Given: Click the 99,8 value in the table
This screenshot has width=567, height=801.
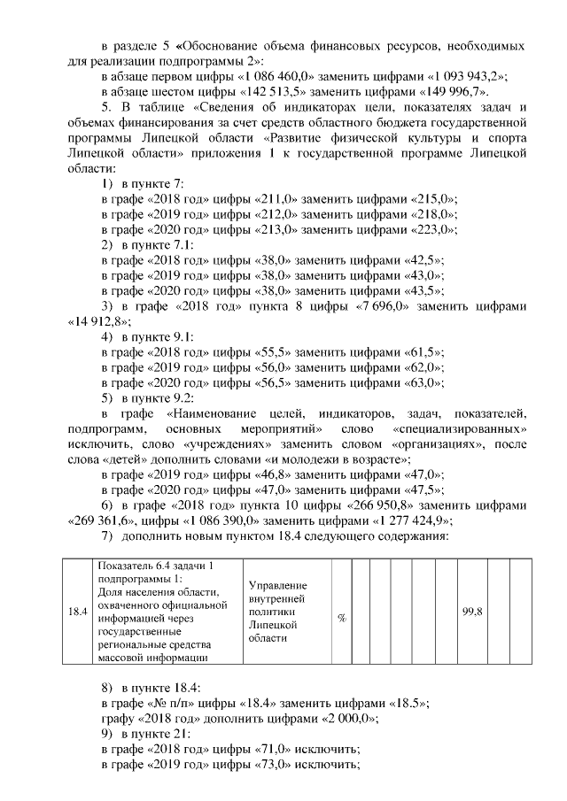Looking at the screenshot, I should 471,611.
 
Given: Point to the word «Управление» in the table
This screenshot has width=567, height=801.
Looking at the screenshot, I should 278,586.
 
